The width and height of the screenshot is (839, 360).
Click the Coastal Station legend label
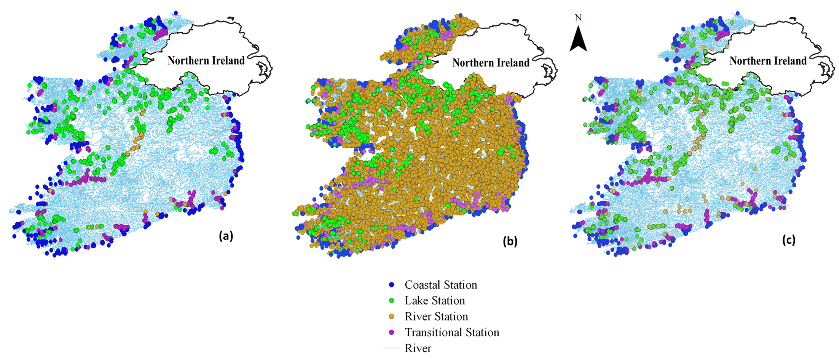click(441, 285)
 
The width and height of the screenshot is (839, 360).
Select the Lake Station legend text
click(435, 300)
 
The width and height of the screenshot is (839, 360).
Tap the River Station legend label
click(436, 316)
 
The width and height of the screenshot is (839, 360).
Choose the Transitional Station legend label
click(452, 332)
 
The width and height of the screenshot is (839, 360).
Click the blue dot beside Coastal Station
click(392, 285)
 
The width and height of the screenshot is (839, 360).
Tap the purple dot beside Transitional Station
click(392, 332)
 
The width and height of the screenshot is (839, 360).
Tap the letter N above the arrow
click(578, 18)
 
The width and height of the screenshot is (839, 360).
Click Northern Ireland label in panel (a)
click(206, 61)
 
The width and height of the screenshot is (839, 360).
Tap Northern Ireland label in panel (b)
click(491, 62)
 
